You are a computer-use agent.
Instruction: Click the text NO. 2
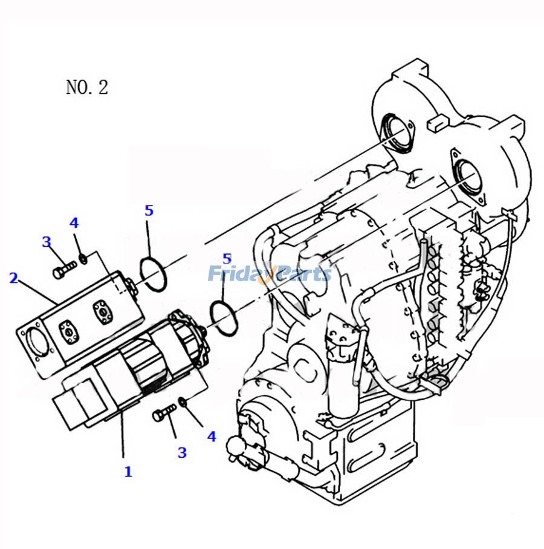pyautogui.click(x=86, y=87)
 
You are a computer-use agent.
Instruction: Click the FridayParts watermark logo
pyautogui.click(x=270, y=274)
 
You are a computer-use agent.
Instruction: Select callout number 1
pyautogui.click(x=128, y=472)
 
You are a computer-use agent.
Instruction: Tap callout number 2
pyautogui.click(x=13, y=278)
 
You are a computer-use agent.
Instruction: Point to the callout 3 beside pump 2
pyautogui.click(x=46, y=242)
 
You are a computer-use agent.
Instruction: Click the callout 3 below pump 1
pyautogui.click(x=181, y=452)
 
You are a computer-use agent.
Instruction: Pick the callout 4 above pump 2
pyautogui.click(x=74, y=223)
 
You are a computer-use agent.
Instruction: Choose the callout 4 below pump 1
pyautogui.click(x=212, y=436)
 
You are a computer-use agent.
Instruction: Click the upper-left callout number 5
pyautogui.click(x=149, y=211)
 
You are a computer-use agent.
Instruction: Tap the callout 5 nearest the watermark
pyautogui.click(x=227, y=259)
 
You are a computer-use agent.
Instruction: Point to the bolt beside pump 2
pyautogui.click(x=62, y=270)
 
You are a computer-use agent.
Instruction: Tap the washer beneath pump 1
pyautogui.click(x=183, y=402)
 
